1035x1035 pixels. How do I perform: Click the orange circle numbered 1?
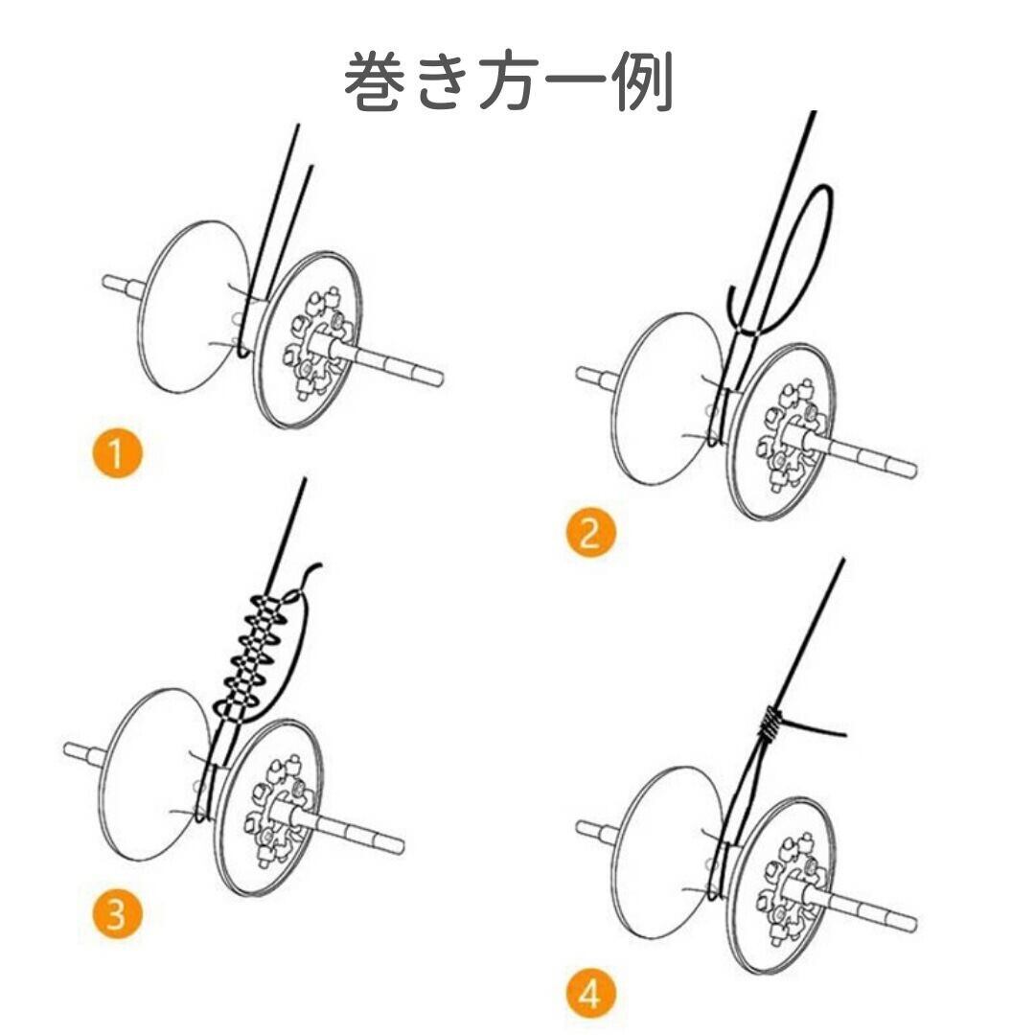[117, 453]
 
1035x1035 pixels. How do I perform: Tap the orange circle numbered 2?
[588, 533]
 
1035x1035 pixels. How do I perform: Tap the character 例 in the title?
[639, 83]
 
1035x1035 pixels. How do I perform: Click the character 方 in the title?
[508, 83]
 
